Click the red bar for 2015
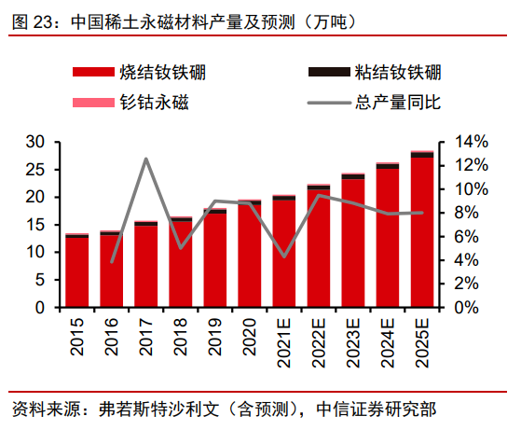click(x=77, y=272)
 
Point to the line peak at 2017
click(x=146, y=159)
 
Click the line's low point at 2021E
click(x=284, y=257)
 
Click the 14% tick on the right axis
click(x=471, y=142)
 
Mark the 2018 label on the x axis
click(x=181, y=334)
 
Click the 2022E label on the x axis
click(x=319, y=339)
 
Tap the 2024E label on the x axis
click(x=388, y=339)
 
